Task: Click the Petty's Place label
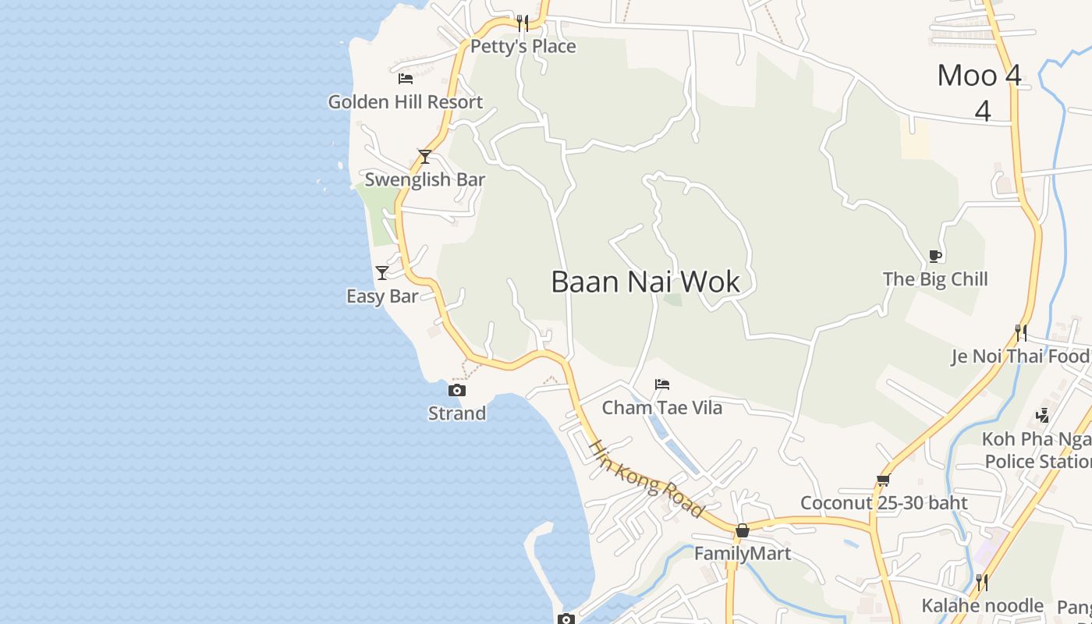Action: (x=523, y=47)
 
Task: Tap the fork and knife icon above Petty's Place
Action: (x=523, y=23)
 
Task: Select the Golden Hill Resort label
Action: (x=405, y=102)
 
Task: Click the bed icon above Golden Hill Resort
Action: (x=406, y=78)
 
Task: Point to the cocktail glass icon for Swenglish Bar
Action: (x=424, y=157)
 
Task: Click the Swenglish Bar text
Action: (x=425, y=179)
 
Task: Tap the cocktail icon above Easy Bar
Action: (x=382, y=272)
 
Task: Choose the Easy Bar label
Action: (x=382, y=296)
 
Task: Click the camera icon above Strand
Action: (x=457, y=390)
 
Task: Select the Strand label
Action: (x=457, y=413)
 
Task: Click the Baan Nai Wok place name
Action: (x=645, y=282)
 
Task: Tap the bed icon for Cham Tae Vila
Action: (x=662, y=384)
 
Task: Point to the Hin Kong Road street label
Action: (x=646, y=478)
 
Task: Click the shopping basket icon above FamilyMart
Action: (x=743, y=530)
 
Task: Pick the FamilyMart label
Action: (x=743, y=554)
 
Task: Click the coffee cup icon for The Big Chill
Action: (x=935, y=256)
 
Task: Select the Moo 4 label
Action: (x=979, y=76)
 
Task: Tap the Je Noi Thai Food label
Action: (x=1019, y=356)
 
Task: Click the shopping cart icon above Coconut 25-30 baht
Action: (x=883, y=480)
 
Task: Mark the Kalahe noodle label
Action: (x=982, y=606)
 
